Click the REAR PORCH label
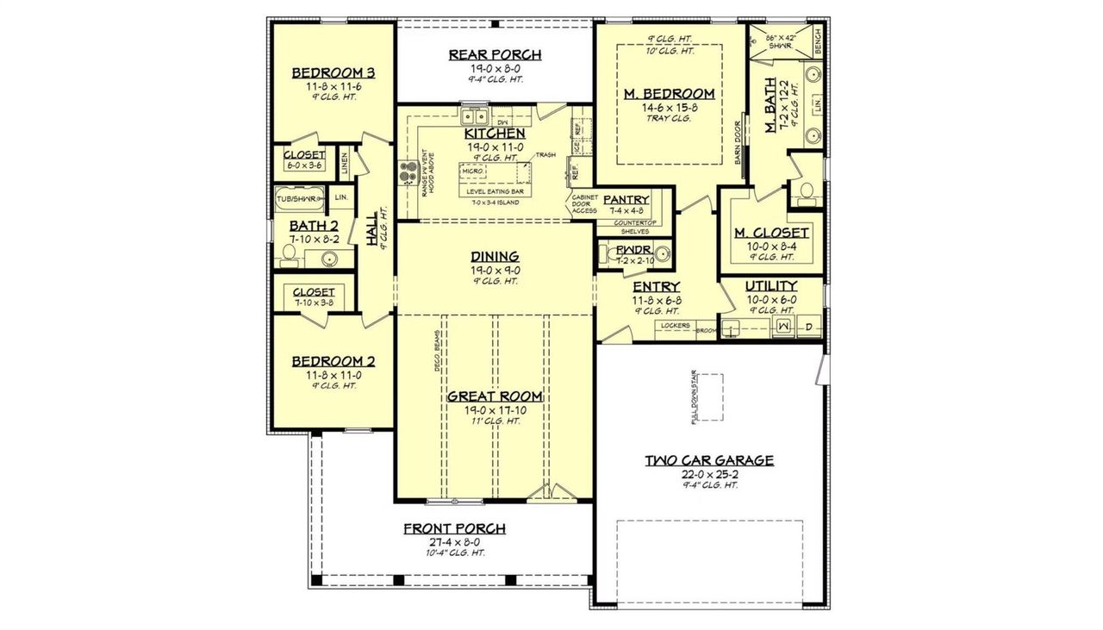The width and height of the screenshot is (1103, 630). tap(495, 55)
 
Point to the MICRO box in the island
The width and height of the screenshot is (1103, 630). tap(471, 172)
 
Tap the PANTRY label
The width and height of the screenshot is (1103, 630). tap(626, 199)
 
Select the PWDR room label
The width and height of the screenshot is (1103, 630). tap(626, 252)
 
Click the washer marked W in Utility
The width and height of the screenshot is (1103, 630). tap(784, 327)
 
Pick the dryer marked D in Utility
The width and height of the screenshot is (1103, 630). tap(809, 327)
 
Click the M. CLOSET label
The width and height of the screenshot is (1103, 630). tap(771, 233)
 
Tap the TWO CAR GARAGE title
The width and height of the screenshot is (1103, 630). tap(709, 460)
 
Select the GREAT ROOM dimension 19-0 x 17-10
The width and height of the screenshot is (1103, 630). tap(495, 409)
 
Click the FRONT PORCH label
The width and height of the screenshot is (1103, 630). tap(454, 529)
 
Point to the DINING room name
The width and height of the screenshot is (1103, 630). tap(495, 256)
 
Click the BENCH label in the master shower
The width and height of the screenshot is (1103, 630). tap(817, 37)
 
